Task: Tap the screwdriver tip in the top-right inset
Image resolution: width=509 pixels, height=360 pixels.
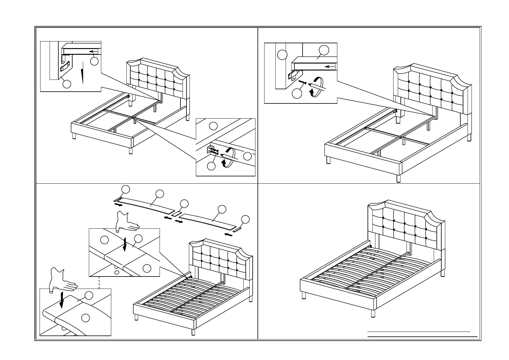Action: pyautogui.click(x=310, y=85)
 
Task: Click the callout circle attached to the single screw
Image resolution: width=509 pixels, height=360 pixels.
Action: pyautogui.click(x=297, y=94)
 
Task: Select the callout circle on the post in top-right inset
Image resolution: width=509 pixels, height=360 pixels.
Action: pyautogui.click(x=282, y=55)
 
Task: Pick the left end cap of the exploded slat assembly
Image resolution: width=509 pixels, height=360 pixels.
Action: pyautogui.click(x=117, y=200)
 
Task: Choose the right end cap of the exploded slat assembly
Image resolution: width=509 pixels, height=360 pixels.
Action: pyautogui.click(x=237, y=229)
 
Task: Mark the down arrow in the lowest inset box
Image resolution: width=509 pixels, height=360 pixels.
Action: pyautogui.click(x=62, y=299)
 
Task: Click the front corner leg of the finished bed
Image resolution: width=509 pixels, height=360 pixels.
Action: pyautogui.click(x=373, y=313)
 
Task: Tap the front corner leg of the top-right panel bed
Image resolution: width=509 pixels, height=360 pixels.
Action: pyautogui.click(x=398, y=178)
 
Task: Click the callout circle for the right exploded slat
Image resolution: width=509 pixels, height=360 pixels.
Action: pyautogui.click(x=222, y=209)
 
